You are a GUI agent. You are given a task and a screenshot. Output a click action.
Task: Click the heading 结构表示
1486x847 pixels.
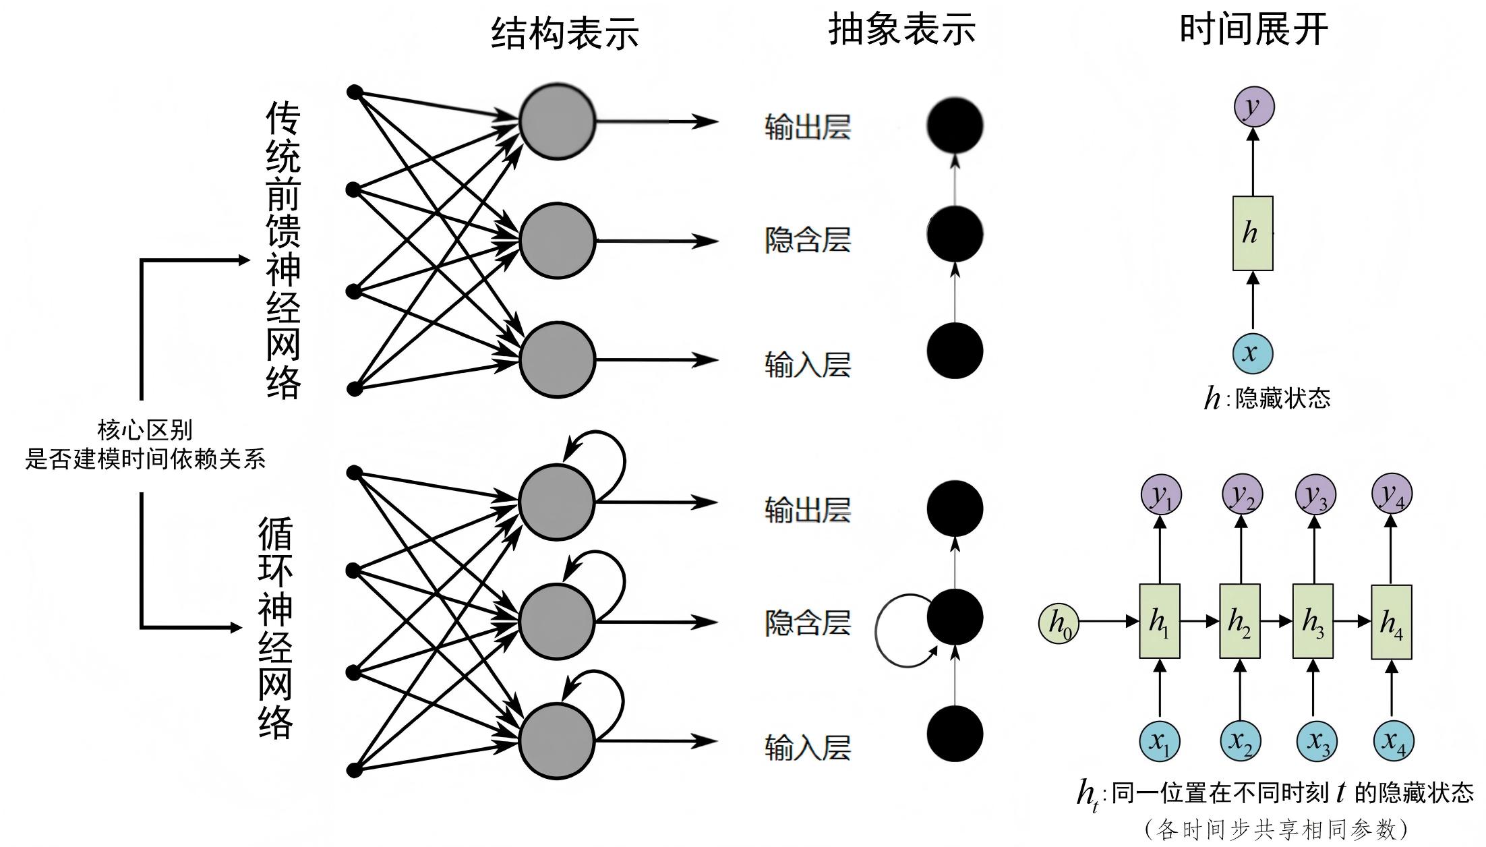pyautogui.click(x=565, y=33)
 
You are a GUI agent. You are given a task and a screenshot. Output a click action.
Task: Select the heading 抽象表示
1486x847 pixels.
pyautogui.click(x=902, y=30)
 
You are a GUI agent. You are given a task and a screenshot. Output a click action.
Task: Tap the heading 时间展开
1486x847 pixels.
pyautogui.click(x=1253, y=30)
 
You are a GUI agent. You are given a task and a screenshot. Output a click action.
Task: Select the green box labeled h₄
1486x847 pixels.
pyautogui.click(x=1392, y=622)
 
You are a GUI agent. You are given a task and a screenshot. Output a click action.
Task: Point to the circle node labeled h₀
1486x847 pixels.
pyautogui.click(x=1059, y=623)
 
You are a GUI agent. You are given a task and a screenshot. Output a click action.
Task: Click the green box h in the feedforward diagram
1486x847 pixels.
pyautogui.click(x=1253, y=233)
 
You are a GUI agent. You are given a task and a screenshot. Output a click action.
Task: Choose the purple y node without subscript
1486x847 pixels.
pyautogui.click(x=1254, y=107)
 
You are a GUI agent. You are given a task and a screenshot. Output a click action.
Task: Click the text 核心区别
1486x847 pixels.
pyautogui.click(x=145, y=430)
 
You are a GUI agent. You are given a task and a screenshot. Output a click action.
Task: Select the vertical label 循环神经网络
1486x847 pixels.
pyautogui.click(x=276, y=628)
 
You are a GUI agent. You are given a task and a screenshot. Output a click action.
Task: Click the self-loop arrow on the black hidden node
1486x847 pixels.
pyautogui.click(x=876, y=631)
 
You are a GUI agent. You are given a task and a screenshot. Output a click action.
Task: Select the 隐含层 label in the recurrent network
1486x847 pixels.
pyautogui.click(x=807, y=622)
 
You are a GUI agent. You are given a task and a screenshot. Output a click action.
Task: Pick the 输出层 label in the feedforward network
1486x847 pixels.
pyautogui.click(x=807, y=127)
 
